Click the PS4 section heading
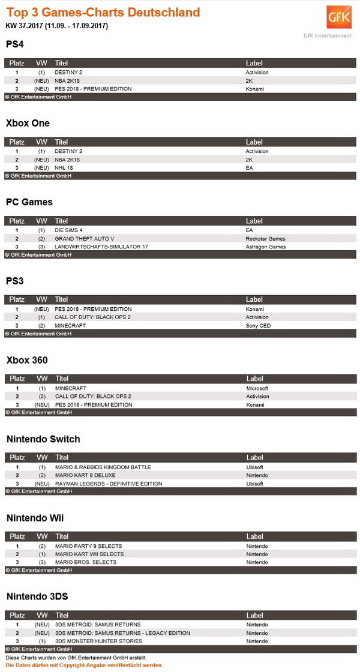[15, 44]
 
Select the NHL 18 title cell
[64, 168]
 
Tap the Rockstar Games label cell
[265, 239]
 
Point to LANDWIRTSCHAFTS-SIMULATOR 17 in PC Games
[101, 247]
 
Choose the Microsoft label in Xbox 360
[257, 388]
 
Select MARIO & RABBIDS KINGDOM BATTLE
[103, 467]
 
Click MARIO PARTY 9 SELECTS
[88, 546]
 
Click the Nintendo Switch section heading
[43, 439]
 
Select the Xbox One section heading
[28, 123]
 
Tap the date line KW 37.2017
[57, 26]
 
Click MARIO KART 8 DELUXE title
[85, 475]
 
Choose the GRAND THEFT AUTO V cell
[85, 239]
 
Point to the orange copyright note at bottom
[84, 665]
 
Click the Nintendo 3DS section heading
[37, 596]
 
